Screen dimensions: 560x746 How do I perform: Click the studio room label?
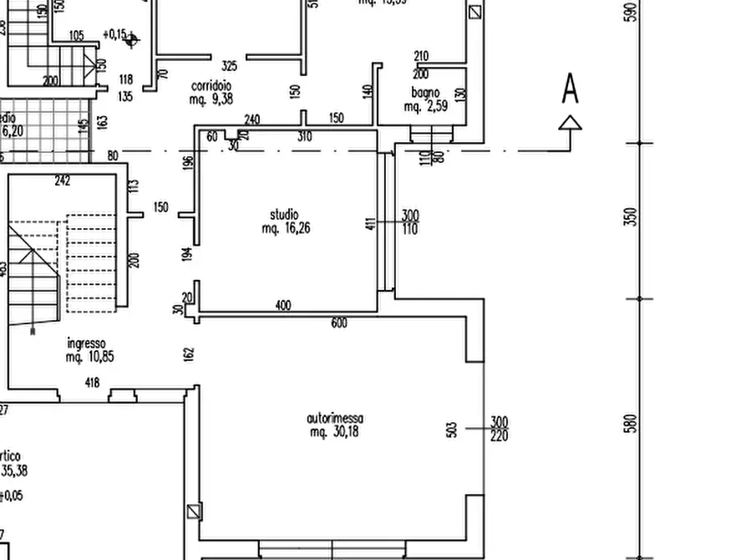[284, 215]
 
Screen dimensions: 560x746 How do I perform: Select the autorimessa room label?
[334, 418]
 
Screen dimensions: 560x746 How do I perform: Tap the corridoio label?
[211, 86]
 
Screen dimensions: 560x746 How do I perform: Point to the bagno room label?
[424, 93]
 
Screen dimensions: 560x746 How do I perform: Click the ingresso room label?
[86, 343]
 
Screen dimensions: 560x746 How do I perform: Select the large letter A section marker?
[570, 89]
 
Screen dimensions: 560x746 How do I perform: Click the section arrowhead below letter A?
[570, 124]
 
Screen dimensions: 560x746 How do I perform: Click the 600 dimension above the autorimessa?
[338, 323]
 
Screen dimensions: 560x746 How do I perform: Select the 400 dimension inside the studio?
[283, 306]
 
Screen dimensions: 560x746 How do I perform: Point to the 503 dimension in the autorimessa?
[452, 429]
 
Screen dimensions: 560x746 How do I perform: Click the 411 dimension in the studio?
[372, 223]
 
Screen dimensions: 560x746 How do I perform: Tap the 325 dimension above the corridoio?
[229, 66]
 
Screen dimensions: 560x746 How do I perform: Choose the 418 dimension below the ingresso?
[92, 383]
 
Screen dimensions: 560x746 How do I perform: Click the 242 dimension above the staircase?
[62, 181]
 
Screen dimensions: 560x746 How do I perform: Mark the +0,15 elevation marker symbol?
[131, 39]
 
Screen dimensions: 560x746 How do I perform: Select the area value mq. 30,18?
[334, 432]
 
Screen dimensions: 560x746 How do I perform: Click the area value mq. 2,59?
[426, 106]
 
